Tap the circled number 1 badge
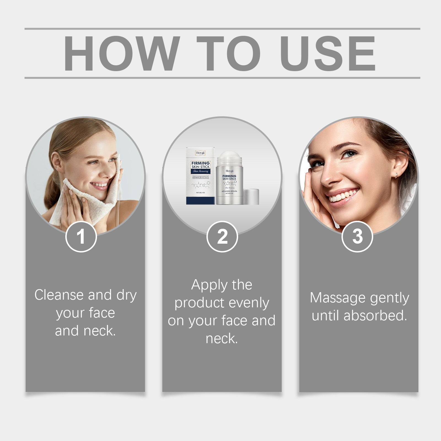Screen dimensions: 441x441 coord(81,236)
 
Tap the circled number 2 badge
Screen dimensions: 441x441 coord(222,236)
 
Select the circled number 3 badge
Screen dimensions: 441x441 coord(357,236)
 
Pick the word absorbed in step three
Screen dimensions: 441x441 coord(375,316)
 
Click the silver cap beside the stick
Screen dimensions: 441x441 coord(251,197)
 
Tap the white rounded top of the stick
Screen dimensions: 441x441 coord(229,155)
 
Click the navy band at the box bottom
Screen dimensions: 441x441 coord(200,200)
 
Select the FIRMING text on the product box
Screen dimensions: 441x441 coord(201,163)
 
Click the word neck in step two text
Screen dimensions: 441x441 coord(221,339)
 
